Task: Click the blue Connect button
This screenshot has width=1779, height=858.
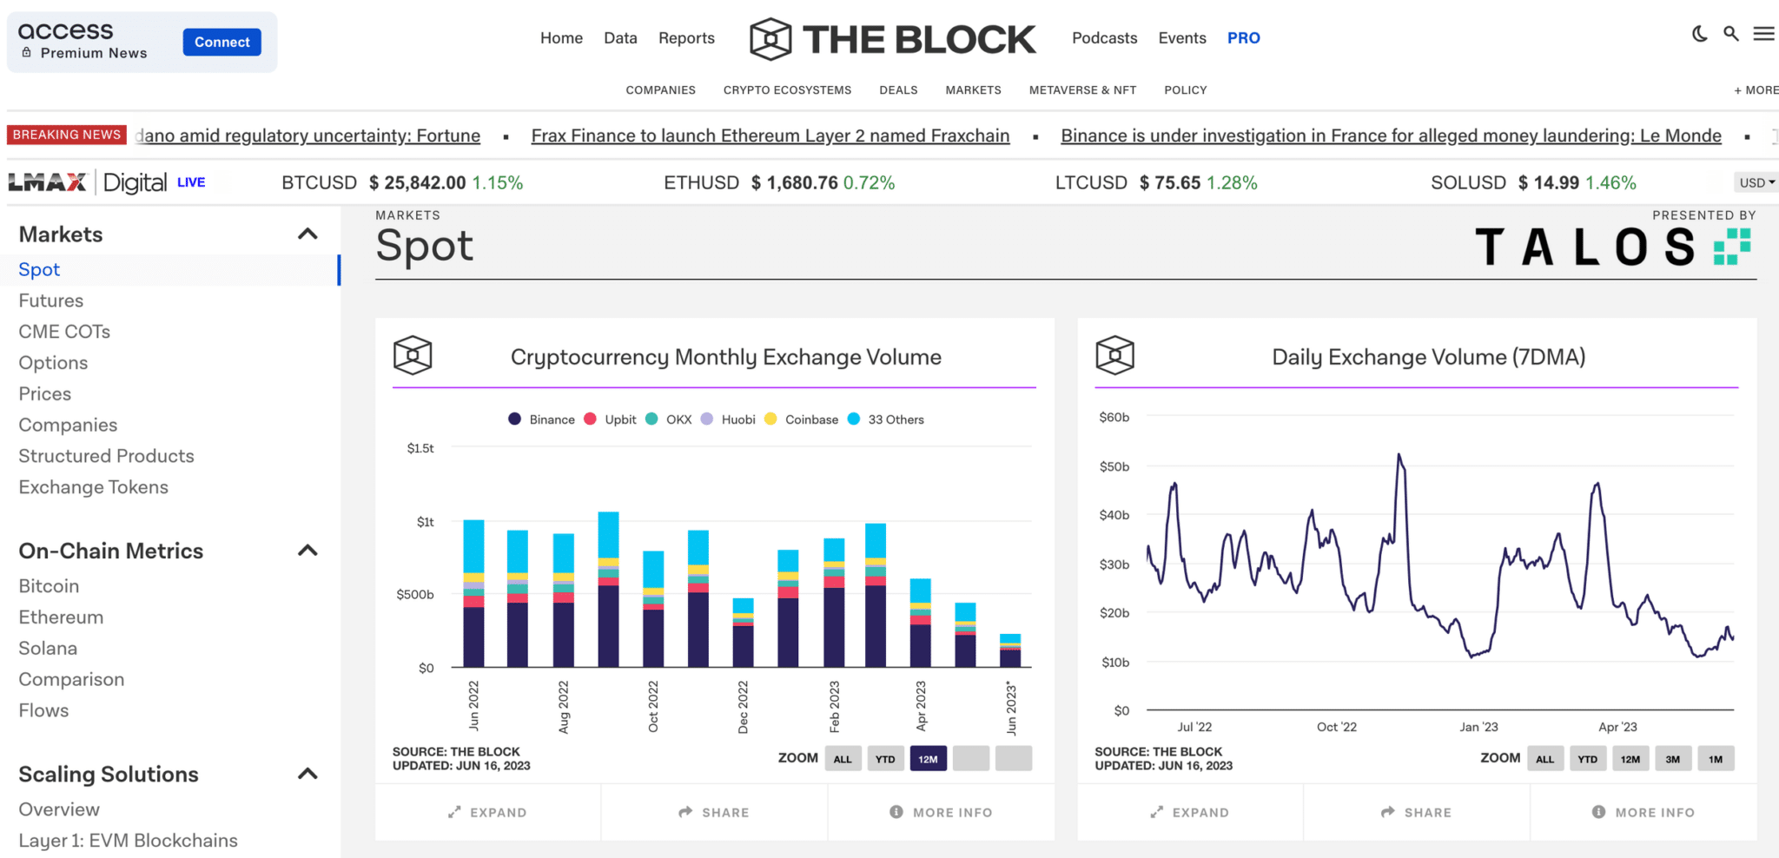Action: (222, 42)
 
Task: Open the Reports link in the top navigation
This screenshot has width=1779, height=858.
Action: (686, 38)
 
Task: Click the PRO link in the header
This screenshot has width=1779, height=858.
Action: (1243, 38)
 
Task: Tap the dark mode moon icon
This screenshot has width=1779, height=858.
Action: (1700, 34)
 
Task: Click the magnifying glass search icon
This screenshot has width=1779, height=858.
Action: (1731, 34)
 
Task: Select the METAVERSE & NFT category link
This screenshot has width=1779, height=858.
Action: (1082, 90)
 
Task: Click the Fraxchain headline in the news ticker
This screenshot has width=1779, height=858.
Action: (770, 135)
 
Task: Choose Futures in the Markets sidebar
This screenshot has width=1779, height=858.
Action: (51, 300)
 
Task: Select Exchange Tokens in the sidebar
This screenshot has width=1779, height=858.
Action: (94, 487)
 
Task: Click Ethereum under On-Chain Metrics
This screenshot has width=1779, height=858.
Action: (61, 617)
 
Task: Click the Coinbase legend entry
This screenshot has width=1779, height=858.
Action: (810, 419)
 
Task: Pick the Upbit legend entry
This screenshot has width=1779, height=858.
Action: (619, 419)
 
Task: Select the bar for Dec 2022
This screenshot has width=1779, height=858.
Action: (743, 634)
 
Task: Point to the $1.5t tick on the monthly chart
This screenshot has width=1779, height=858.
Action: (420, 448)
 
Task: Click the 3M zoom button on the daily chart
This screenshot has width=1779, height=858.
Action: (1672, 759)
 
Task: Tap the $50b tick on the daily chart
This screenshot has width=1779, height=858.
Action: (1114, 466)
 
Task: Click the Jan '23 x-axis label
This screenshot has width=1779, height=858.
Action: (1478, 727)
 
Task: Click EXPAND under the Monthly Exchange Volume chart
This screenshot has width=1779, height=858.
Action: (488, 812)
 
